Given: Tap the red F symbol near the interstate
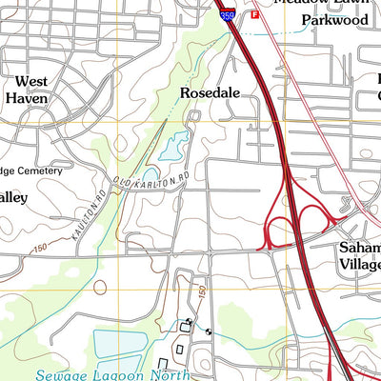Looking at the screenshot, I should (254, 15).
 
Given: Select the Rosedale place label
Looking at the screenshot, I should (210, 93).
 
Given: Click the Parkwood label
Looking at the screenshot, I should (334, 20).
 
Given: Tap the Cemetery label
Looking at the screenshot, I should (35, 171).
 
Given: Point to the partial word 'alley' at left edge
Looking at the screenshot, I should (13, 197).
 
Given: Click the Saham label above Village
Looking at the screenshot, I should (360, 247).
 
